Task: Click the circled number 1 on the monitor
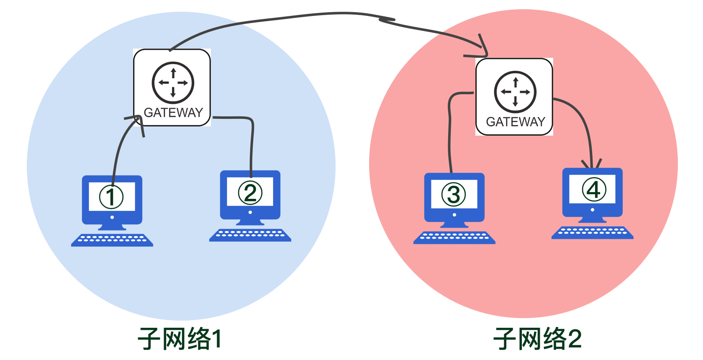111,197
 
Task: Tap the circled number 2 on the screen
250,193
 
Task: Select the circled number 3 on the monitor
454,195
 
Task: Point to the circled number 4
594,190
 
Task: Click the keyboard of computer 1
112,240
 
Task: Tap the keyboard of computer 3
454,237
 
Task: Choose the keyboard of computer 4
593,233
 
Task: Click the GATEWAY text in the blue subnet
173,113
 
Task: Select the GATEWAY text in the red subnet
516,122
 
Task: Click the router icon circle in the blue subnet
173,82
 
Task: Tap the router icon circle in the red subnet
515,92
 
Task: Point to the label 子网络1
180,339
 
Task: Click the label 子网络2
538,339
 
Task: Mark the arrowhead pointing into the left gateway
137,120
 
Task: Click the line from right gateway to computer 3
449,134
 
